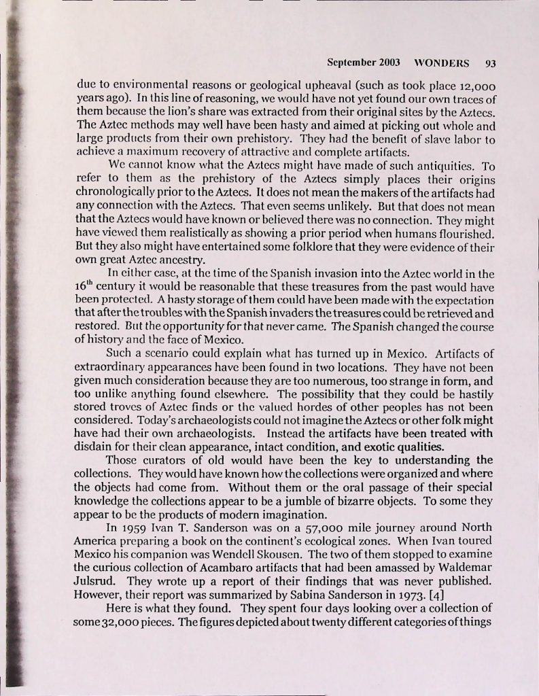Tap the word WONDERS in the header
coord(442,64)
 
